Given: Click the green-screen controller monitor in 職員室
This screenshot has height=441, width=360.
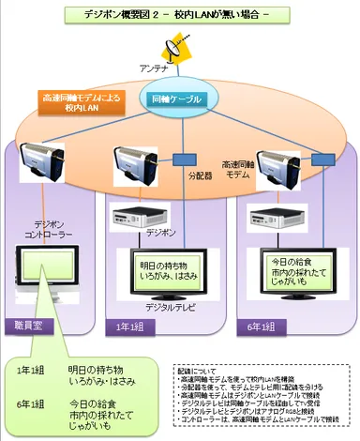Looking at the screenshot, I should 49,273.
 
